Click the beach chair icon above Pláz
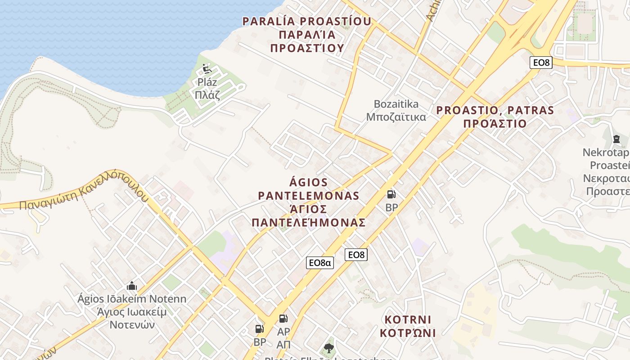point(207,69)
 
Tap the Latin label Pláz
point(207,82)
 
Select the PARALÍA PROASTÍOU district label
point(307,21)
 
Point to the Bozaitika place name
point(396,104)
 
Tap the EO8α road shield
point(319,263)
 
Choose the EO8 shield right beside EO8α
point(356,255)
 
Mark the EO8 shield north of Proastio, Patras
point(541,63)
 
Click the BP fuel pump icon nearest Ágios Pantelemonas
point(391,194)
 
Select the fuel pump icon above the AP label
point(283,319)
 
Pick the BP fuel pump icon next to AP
point(260,329)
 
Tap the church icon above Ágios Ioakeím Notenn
point(131,286)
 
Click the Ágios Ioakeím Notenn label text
point(132,299)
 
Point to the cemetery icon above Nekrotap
point(616,139)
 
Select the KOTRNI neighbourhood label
point(408,319)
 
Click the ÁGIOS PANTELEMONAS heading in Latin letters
point(308,189)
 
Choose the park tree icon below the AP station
point(329,348)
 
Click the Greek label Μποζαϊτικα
point(396,117)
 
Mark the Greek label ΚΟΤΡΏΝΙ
point(408,333)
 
